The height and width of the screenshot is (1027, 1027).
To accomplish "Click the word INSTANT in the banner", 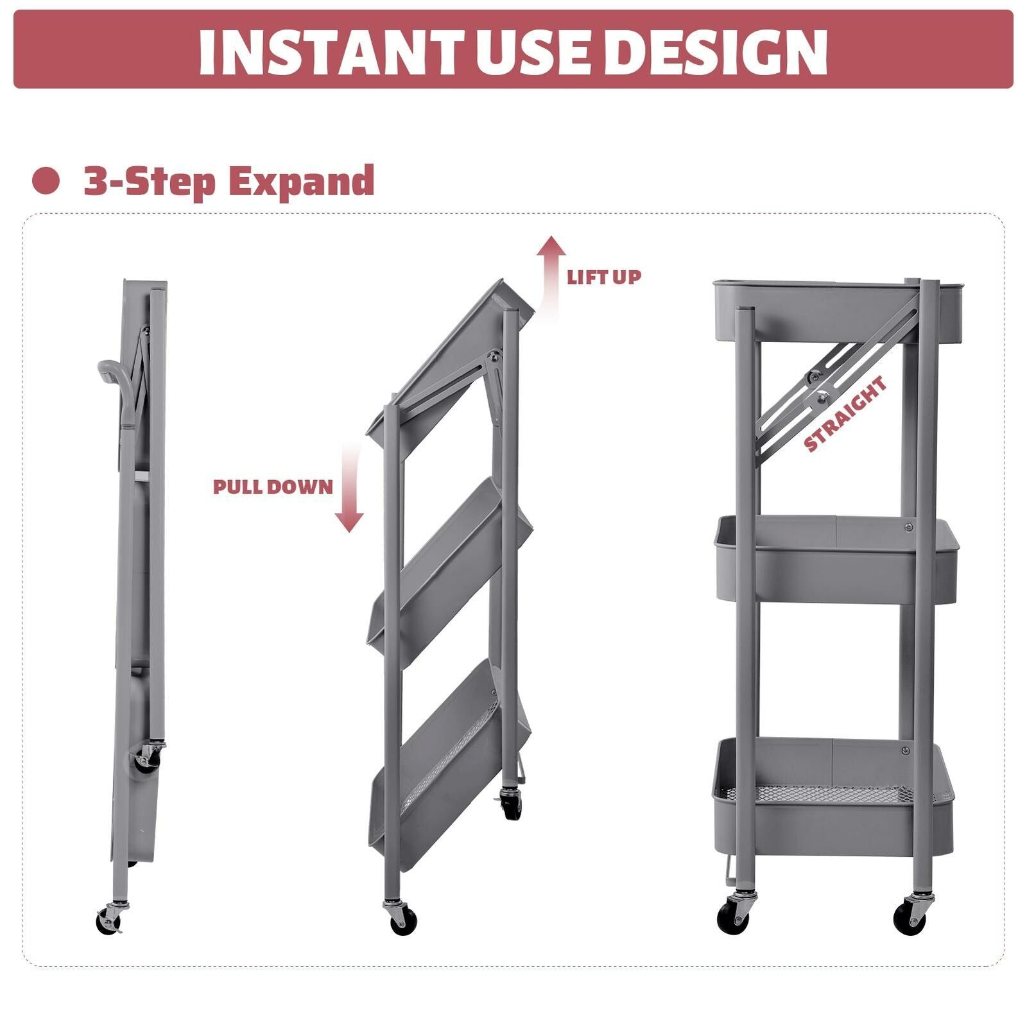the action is pyautogui.click(x=331, y=51).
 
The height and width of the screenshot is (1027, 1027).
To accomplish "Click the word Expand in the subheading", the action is pyautogui.click(x=302, y=182).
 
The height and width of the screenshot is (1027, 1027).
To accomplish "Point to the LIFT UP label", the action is pyautogui.click(x=604, y=277).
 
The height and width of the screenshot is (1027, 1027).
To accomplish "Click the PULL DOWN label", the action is pyautogui.click(x=273, y=487).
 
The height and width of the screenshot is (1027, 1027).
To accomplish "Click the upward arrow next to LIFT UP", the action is pyautogui.click(x=551, y=276).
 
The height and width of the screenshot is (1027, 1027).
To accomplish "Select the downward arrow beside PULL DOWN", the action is pyautogui.click(x=350, y=488).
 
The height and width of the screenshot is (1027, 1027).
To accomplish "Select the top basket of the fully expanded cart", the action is pyautogui.click(x=838, y=311).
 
